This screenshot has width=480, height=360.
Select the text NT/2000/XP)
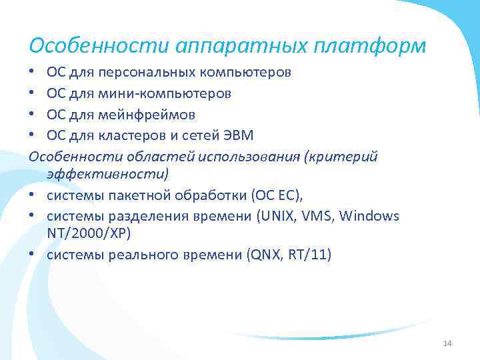pyautogui.click(x=89, y=233)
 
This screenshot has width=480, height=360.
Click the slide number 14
pyautogui.click(x=447, y=343)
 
